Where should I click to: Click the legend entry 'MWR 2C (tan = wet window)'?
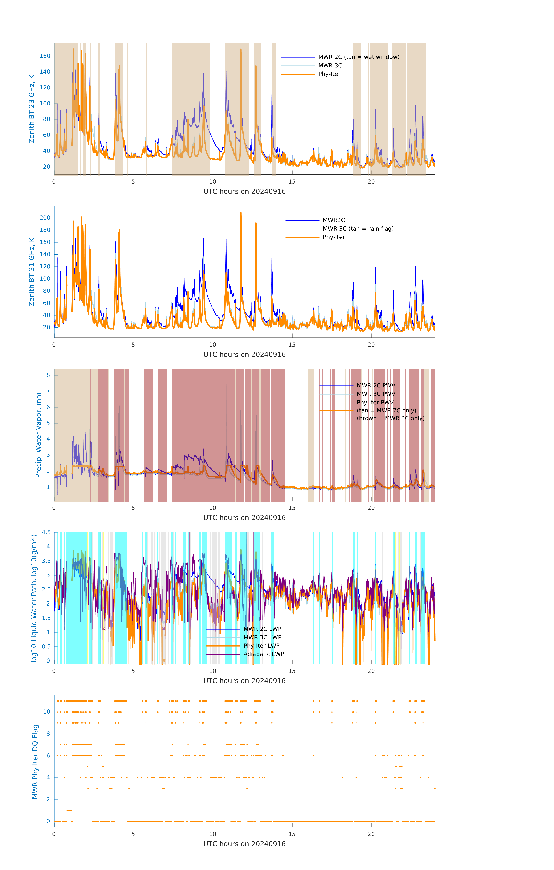coord(358,57)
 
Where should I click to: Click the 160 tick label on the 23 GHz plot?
coord(45,56)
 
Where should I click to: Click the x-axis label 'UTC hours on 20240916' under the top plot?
coord(244,192)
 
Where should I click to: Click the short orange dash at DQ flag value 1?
coord(69,810)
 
